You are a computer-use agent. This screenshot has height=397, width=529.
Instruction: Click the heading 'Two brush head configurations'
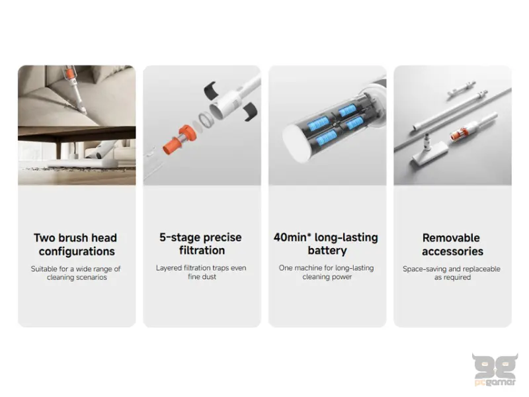click(75, 244)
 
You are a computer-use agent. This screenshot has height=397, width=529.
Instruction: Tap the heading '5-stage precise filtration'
click(201, 243)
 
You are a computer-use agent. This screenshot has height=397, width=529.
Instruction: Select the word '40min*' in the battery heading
click(292, 238)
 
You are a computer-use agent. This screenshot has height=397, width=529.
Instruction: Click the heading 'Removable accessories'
click(452, 244)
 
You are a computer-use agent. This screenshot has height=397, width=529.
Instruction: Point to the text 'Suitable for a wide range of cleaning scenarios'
click(76, 273)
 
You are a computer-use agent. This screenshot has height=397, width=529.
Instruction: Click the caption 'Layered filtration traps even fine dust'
click(201, 272)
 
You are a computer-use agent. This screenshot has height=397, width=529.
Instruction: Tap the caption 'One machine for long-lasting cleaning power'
click(327, 272)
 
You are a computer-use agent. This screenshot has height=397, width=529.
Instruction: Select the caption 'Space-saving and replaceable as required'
click(452, 273)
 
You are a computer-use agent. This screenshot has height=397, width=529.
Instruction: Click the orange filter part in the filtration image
click(179, 140)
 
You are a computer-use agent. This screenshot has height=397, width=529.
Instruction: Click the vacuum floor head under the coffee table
click(83, 164)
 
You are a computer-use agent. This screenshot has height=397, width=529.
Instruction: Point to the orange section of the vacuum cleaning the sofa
click(70, 72)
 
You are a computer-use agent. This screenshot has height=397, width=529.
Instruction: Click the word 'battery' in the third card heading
click(327, 251)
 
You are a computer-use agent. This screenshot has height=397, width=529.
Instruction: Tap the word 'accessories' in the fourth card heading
click(452, 251)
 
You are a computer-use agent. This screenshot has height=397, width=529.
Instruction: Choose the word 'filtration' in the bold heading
click(202, 251)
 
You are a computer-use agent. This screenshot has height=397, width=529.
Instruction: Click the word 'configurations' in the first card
click(77, 251)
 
